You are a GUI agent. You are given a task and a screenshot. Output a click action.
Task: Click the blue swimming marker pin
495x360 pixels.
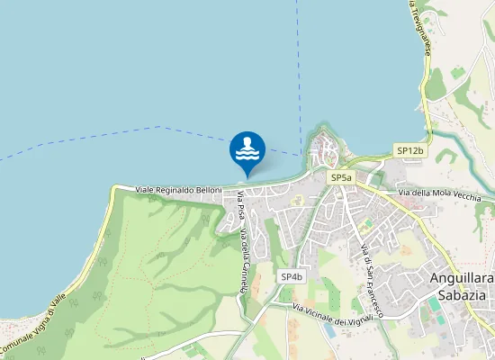247,151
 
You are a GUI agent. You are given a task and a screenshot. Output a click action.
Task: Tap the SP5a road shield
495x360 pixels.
341,178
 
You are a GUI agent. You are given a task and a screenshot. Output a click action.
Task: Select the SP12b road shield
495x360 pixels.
409,150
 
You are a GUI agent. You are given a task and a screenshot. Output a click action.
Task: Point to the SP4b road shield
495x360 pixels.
291,276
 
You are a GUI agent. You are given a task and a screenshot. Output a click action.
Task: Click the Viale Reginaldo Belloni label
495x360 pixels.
178,190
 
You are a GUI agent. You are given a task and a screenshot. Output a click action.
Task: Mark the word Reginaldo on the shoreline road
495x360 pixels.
175,190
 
